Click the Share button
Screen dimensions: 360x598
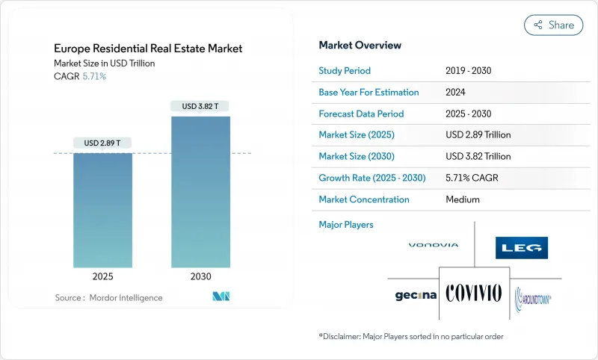(x=553, y=25)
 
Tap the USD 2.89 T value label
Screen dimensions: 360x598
(x=102, y=143)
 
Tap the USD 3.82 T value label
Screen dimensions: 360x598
(x=200, y=106)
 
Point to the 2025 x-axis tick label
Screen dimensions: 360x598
(x=102, y=276)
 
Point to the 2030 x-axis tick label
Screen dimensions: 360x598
(x=200, y=276)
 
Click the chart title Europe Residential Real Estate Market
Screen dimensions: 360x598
(x=147, y=49)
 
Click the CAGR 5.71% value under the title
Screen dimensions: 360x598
(x=93, y=76)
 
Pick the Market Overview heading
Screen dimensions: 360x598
(x=360, y=46)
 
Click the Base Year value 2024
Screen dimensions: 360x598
(x=457, y=93)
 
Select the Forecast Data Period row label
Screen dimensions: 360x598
(x=361, y=114)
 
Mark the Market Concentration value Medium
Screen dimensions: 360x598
(x=463, y=199)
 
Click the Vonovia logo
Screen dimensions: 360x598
(x=434, y=245)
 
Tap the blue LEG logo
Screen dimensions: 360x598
(x=522, y=248)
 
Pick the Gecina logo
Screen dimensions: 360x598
(x=416, y=296)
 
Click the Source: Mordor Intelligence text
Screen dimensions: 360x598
(x=108, y=297)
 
